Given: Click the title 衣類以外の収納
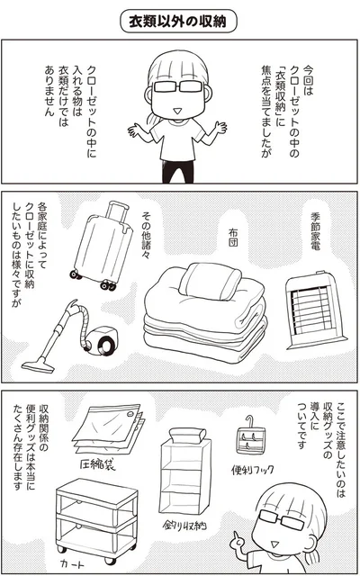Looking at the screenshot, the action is pyautogui.click(x=179, y=22).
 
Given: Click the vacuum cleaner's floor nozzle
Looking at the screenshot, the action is pyautogui.click(x=38, y=364).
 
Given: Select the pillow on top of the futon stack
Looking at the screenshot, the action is pyautogui.click(x=210, y=280).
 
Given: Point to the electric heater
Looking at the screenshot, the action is pyautogui.click(x=315, y=310).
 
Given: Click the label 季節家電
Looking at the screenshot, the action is pyautogui.click(x=315, y=231).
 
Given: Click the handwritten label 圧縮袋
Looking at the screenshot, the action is pyautogui.click(x=96, y=464).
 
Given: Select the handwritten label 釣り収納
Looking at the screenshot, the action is pyautogui.click(x=184, y=526).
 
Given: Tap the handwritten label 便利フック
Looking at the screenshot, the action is pyautogui.click(x=253, y=469).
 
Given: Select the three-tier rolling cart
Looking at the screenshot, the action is pyautogui.click(x=96, y=519).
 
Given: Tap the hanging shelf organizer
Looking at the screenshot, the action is pyautogui.click(x=186, y=471).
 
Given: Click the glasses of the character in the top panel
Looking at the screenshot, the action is pyautogui.click(x=178, y=86).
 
